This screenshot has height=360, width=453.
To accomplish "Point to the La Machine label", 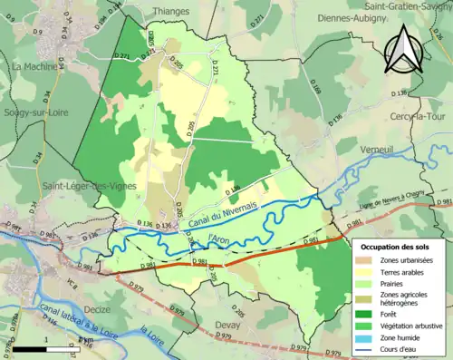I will pos(34,67).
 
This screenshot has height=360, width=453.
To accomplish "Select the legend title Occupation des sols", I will pos(397,246).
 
